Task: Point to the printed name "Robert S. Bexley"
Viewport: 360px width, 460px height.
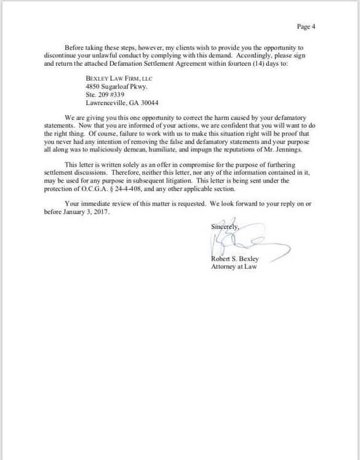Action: (234, 259)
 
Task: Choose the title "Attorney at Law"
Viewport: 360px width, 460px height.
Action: (234, 267)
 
